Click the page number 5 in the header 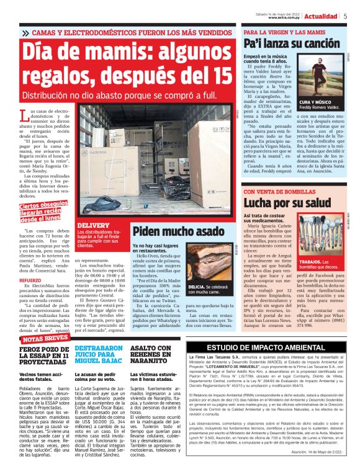[345, 17]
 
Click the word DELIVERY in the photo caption [93, 225]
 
